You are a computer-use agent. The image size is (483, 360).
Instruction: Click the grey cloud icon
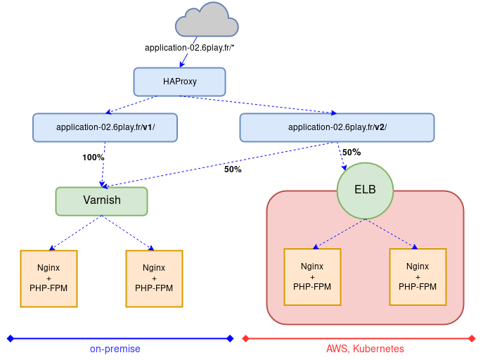(x=207, y=20)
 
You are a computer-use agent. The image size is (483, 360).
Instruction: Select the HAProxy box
(x=179, y=82)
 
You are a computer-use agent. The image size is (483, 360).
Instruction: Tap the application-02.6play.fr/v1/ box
(x=105, y=127)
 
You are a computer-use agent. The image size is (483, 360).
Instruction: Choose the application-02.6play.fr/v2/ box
(x=337, y=127)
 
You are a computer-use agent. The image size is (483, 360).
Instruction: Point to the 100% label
(x=93, y=157)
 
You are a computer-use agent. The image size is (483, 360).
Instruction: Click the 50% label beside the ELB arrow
(x=352, y=152)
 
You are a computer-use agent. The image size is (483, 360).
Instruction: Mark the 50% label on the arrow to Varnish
(x=233, y=169)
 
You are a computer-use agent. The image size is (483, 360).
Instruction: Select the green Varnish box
(x=101, y=200)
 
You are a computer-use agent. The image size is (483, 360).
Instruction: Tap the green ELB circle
(x=365, y=190)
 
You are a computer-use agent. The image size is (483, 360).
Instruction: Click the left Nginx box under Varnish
(x=49, y=278)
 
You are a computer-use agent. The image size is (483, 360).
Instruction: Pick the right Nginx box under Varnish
(x=154, y=278)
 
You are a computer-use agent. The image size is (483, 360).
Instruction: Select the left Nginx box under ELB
(x=312, y=277)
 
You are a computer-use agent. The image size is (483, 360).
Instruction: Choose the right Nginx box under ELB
(x=418, y=277)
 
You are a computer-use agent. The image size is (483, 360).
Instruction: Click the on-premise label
(x=115, y=349)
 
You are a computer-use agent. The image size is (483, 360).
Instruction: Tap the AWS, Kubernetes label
(x=365, y=349)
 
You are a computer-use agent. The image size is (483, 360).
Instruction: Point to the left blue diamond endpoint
(x=10, y=338)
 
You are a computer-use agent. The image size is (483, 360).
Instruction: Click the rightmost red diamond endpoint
(x=472, y=338)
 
